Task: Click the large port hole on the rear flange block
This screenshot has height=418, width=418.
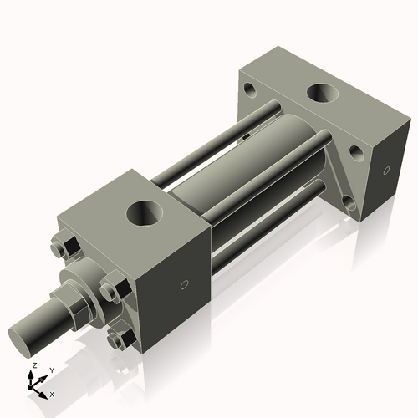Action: [x=323, y=93]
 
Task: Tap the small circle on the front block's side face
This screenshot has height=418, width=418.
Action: [x=183, y=285]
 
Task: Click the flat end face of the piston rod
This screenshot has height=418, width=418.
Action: [x=23, y=338]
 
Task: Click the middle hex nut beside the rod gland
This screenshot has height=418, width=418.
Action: [x=111, y=290]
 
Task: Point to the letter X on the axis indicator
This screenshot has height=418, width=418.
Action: [x=52, y=393]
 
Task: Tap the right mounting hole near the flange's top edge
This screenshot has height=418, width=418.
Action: [x=356, y=153]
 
